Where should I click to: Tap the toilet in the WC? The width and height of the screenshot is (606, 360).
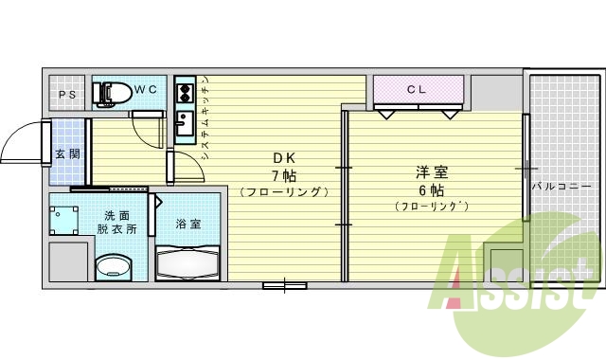tap(113, 93)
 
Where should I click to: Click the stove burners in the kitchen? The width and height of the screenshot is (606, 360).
tap(184, 93)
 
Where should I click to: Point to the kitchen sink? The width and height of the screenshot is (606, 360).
tap(185, 123)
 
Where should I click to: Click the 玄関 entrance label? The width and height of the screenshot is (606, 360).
tap(66, 153)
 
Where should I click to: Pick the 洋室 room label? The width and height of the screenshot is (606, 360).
tap(432, 172)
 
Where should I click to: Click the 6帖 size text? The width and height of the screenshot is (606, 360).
tap(432, 189)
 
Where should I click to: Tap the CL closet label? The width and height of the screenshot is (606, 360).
tap(418, 90)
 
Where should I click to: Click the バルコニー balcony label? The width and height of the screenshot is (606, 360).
tap(557, 187)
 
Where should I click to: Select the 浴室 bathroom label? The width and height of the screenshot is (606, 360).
tap(187, 225)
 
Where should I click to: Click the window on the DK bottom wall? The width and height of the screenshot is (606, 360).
tap(284, 284)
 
